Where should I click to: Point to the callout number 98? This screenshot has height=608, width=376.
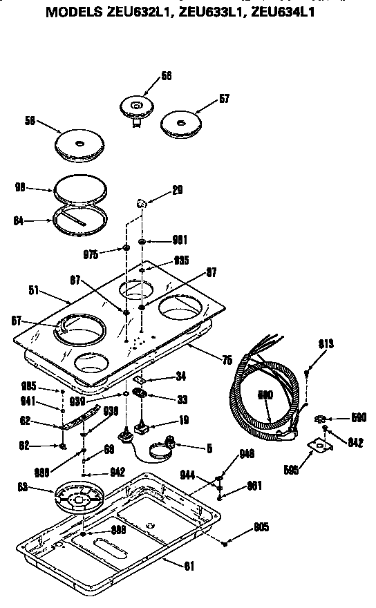[21, 187]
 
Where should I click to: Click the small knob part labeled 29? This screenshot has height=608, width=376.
[142, 205]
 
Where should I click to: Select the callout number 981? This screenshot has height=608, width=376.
[180, 240]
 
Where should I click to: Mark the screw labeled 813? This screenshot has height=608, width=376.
[306, 373]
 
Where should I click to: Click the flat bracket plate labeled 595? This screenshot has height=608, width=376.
[319, 447]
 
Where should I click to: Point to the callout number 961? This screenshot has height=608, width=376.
[255, 485]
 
